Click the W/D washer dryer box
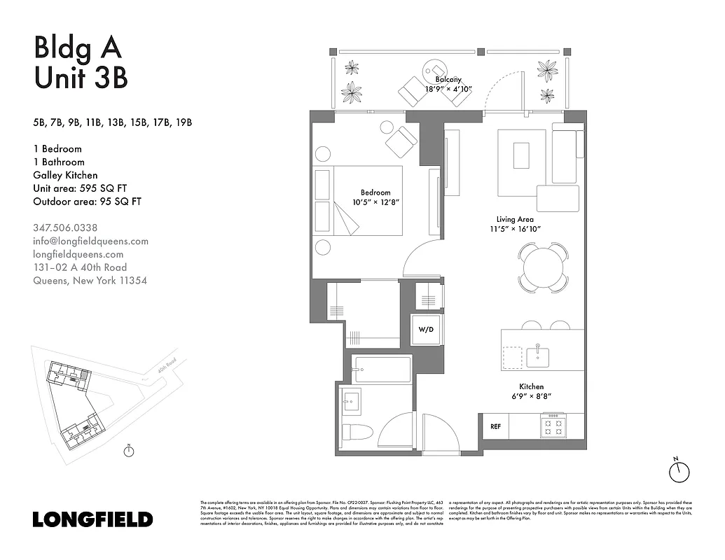point(426,329)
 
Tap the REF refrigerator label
point(495,426)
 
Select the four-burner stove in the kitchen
point(553,426)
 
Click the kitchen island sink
point(538,355)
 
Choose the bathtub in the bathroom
point(382,369)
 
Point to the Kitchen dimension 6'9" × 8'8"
point(531,396)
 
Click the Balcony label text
point(448,80)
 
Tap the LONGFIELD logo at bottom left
point(92,519)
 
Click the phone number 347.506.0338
point(65,227)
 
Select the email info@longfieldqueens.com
point(90,241)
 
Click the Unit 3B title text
point(81,77)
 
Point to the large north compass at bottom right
point(679,472)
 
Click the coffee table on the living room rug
point(520,155)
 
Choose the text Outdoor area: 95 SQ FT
point(87,202)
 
